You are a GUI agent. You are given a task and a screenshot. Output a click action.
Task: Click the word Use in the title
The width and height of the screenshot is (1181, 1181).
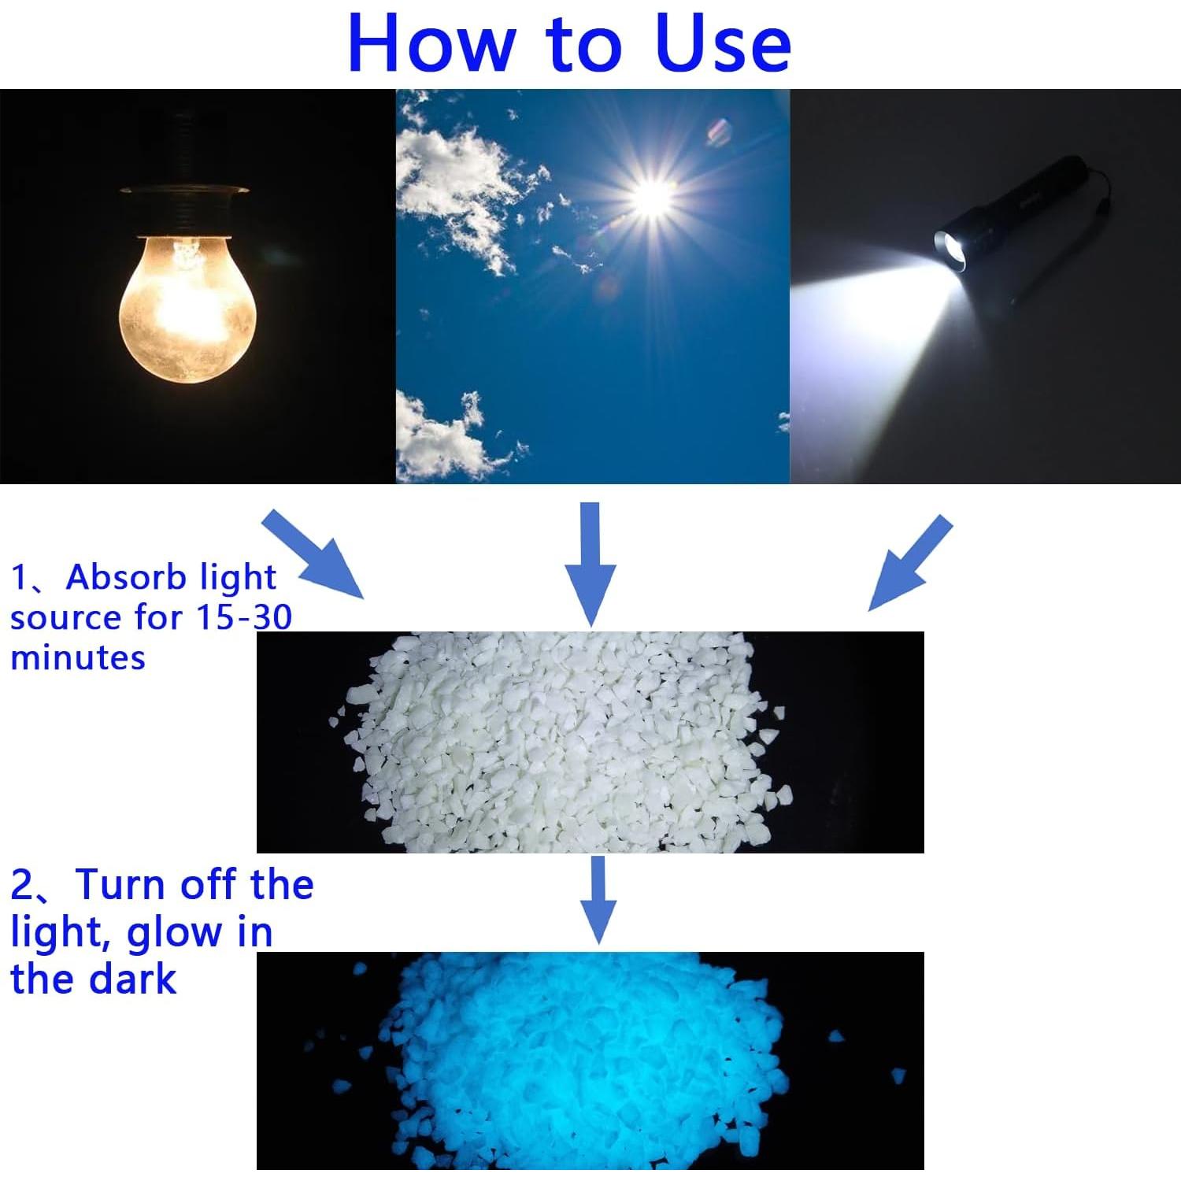[722, 44]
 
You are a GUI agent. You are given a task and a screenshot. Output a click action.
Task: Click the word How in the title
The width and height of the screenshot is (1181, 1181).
[429, 44]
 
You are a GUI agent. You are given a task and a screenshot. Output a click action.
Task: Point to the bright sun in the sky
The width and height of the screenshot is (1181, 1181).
[653, 196]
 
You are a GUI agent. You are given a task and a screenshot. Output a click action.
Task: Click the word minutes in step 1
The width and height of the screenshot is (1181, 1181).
[78, 657]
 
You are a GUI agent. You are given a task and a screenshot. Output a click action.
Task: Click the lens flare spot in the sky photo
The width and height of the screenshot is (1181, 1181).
[719, 131]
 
